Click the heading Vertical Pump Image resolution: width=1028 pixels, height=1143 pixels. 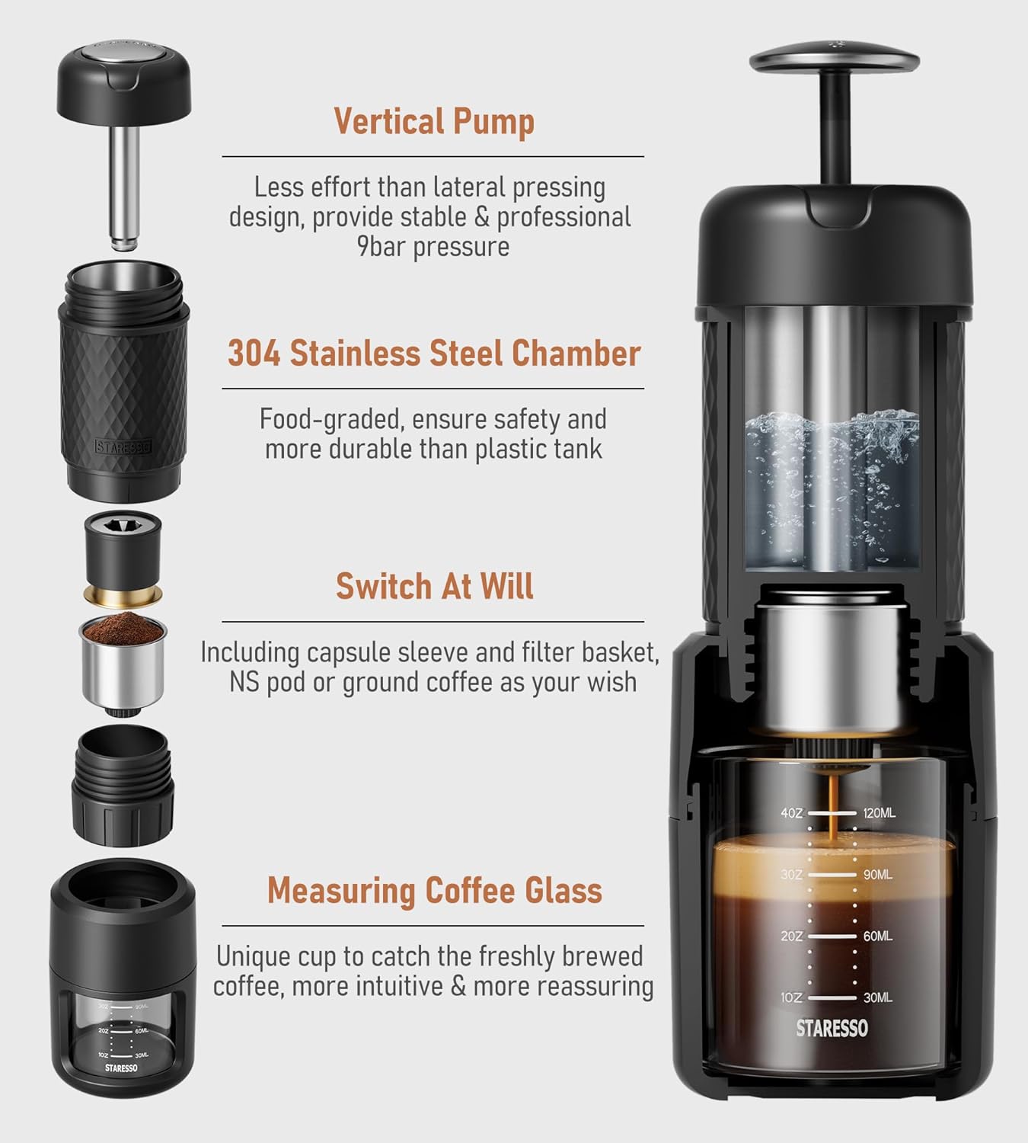pyautogui.click(x=434, y=122)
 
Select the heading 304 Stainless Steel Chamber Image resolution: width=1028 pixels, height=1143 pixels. pyautogui.click(x=434, y=354)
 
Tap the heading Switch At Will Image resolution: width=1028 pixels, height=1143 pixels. pyautogui.click(x=434, y=587)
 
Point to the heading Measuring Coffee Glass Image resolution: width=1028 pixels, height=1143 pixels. pyautogui.click(x=434, y=891)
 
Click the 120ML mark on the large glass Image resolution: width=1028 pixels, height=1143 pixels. pyautogui.click(x=880, y=813)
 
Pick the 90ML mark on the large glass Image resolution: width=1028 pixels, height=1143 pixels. pyautogui.click(x=877, y=875)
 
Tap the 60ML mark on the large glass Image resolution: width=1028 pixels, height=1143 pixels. pyautogui.click(x=877, y=936)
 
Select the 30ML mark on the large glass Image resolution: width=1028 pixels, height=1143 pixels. pyautogui.click(x=877, y=997)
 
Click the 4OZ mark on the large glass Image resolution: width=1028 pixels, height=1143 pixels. pyautogui.click(x=792, y=813)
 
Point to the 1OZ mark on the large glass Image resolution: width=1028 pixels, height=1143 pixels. pyautogui.click(x=792, y=997)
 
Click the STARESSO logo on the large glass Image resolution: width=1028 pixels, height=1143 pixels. pyautogui.click(x=832, y=1029)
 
